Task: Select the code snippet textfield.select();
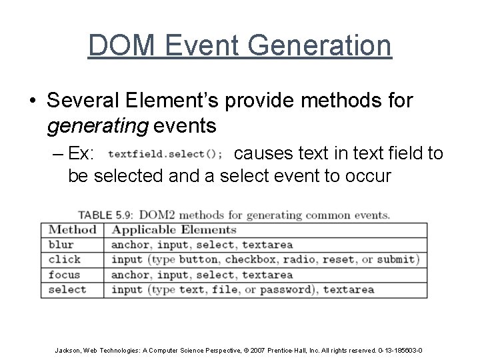click(165, 155)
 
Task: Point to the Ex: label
click(82, 154)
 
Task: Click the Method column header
click(73, 230)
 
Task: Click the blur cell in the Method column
click(61, 245)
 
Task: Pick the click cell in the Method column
click(65, 259)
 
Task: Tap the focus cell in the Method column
click(65, 275)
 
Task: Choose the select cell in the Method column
click(67, 290)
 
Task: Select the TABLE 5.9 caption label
click(105, 215)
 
